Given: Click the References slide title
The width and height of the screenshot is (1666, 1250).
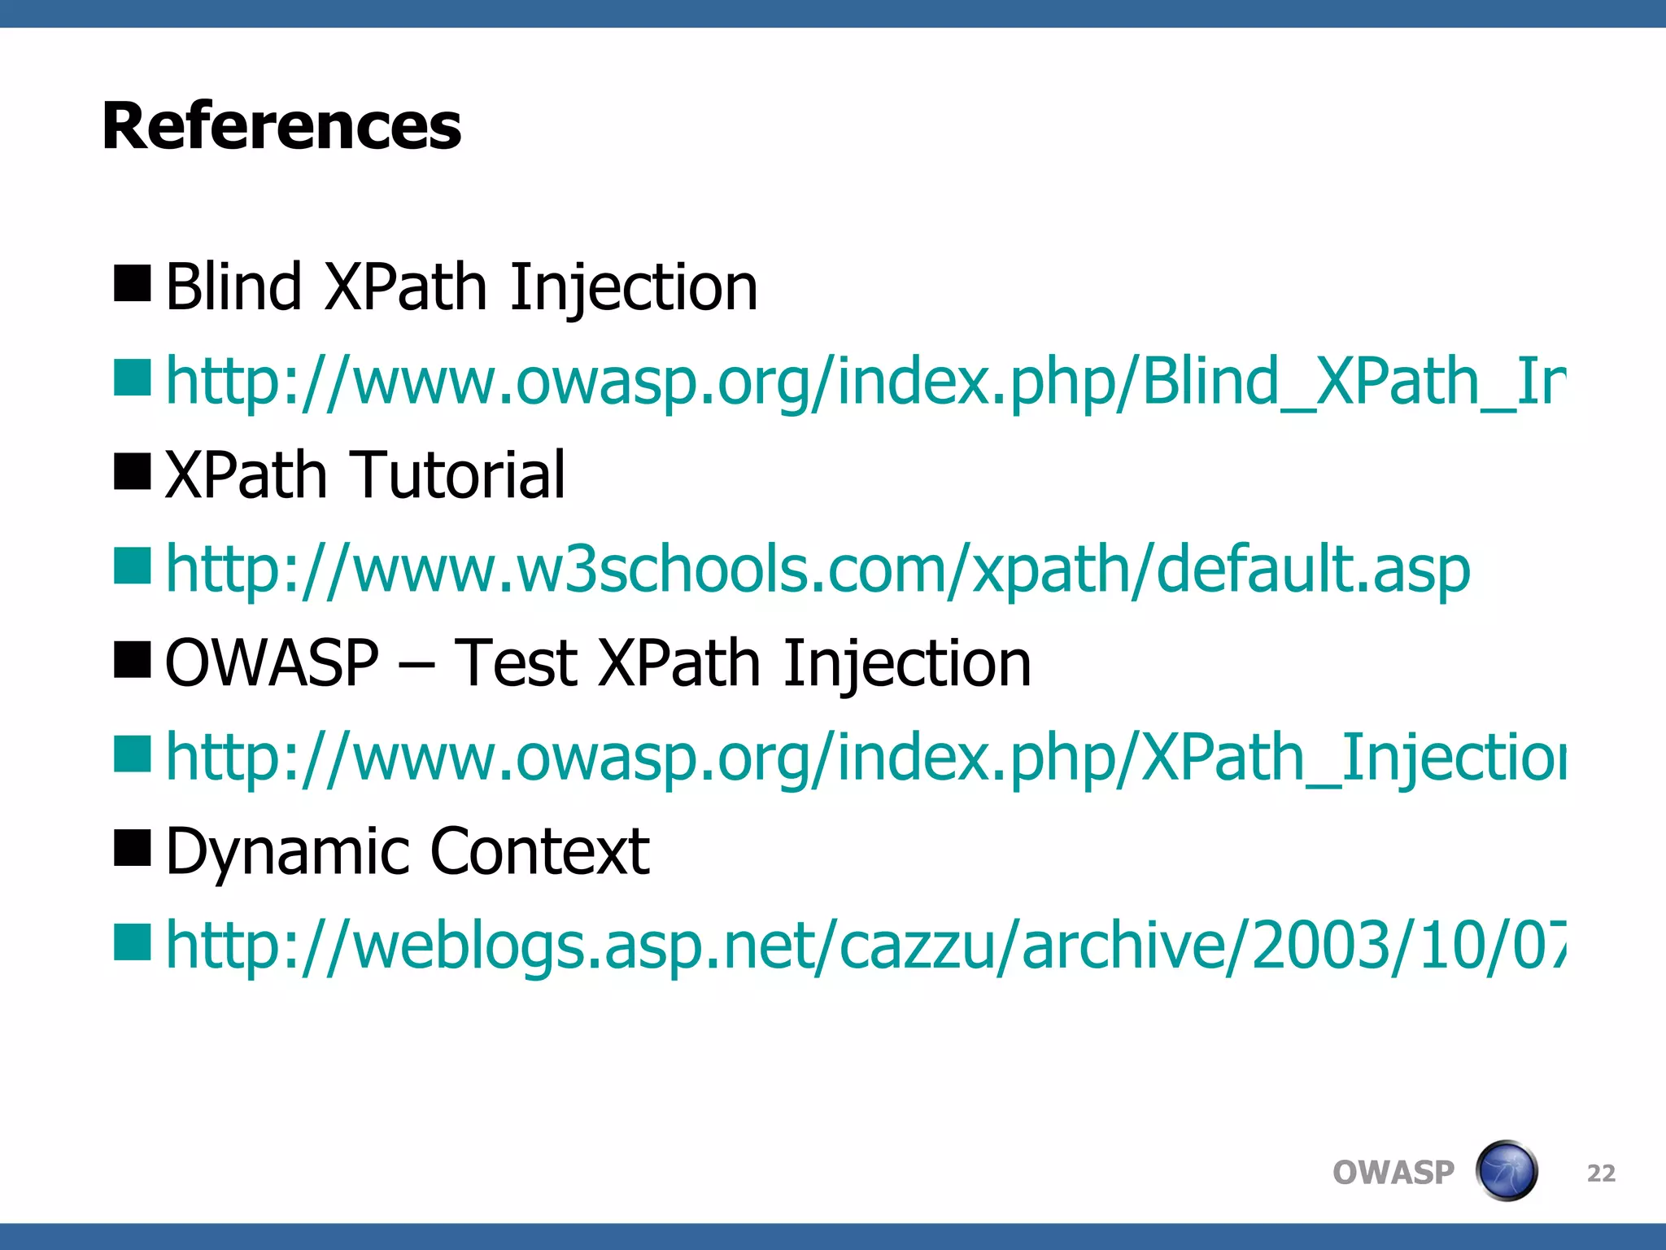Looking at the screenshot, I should [281, 126].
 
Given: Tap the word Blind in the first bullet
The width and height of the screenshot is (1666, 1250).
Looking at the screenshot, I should [233, 287].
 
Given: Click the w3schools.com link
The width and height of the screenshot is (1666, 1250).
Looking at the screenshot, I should [818, 569].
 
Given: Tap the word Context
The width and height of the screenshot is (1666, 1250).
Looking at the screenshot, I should [539, 851].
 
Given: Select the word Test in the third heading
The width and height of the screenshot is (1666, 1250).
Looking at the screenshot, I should [515, 663].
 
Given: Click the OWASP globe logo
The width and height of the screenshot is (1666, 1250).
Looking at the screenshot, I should [1506, 1171].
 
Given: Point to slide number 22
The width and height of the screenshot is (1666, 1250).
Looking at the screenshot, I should [1601, 1173].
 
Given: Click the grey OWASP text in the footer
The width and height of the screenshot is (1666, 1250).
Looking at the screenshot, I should [1393, 1173].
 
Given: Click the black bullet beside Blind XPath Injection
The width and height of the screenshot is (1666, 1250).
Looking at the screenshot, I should [133, 284].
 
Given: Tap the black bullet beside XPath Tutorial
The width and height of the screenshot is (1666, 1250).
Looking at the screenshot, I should [133, 472].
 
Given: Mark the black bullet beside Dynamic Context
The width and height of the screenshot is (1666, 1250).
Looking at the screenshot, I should [133, 848].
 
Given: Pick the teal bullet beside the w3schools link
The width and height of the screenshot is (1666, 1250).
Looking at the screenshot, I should [133, 566].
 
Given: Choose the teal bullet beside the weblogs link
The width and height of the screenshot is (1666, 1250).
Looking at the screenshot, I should [133, 942].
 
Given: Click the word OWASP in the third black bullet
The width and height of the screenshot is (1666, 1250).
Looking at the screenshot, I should [272, 663].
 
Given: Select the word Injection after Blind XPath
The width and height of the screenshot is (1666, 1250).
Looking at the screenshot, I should [634, 289].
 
